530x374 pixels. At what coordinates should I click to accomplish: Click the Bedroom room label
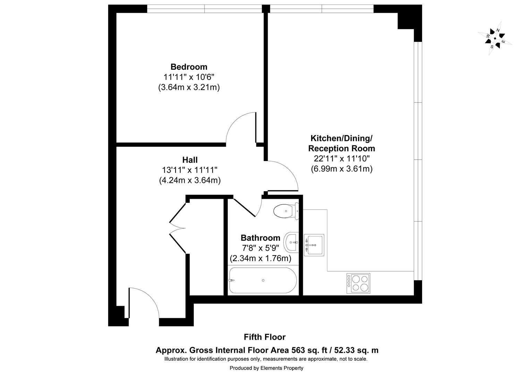pyautogui.click(x=189, y=67)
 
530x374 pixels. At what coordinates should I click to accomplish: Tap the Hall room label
pyautogui.click(x=190, y=160)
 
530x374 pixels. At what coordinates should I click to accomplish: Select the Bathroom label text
pyautogui.click(x=260, y=238)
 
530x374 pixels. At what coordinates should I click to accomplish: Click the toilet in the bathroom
pyautogui.click(x=285, y=211)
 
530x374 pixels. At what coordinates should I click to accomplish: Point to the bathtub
pyautogui.click(x=263, y=280)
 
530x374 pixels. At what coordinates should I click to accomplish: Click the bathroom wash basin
pyautogui.click(x=291, y=242)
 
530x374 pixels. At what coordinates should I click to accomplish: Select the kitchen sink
pyautogui.click(x=314, y=245)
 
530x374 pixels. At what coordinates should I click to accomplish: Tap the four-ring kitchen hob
pyautogui.click(x=358, y=283)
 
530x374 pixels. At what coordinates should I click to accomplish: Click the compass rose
pyautogui.click(x=495, y=38)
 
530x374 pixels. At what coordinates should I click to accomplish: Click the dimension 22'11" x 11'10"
pyautogui.click(x=341, y=159)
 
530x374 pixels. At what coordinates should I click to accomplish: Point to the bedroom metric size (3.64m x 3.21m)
pyautogui.click(x=189, y=87)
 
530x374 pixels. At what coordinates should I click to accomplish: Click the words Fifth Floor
pyautogui.click(x=265, y=337)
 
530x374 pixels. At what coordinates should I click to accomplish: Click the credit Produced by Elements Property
pyautogui.click(x=266, y=368)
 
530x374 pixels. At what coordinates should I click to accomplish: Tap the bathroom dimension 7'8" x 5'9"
pyautogui.click(x=260, y=248)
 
